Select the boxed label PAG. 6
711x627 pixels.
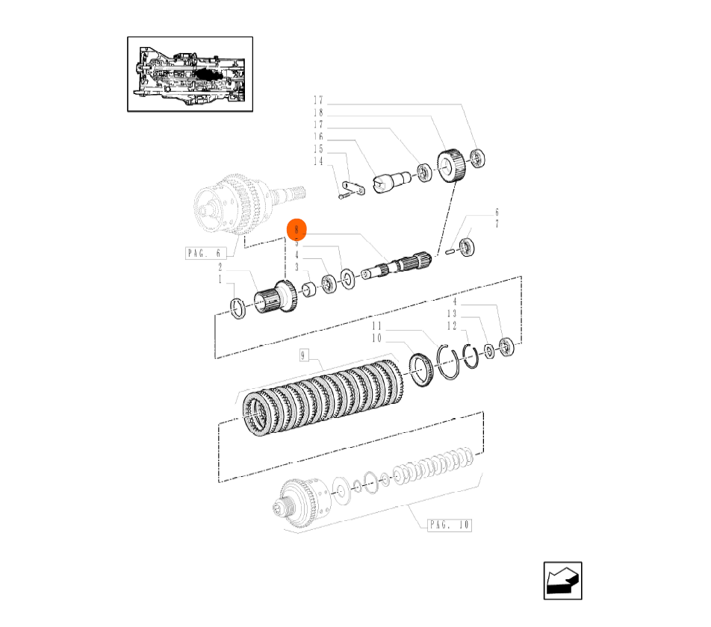pyautogui.click(x=204, y=254)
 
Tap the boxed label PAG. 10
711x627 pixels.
pyautogui.click(x=450, y=525)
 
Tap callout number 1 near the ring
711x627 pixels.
pyautogui.click(x=220, y=279)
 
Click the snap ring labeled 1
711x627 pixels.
pyautogui.click(x=238, y=308)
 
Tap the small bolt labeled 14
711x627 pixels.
pyautogui.click(x=342, y=196)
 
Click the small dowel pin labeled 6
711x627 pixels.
pyautogui.click(x=450, y=252)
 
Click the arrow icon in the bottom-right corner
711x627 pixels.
pyautogui.click(x=562, y=580)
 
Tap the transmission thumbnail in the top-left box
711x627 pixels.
pyautogui.click(x=190, y=74)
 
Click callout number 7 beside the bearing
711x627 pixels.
pyautogui.click(x=497, y=224)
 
